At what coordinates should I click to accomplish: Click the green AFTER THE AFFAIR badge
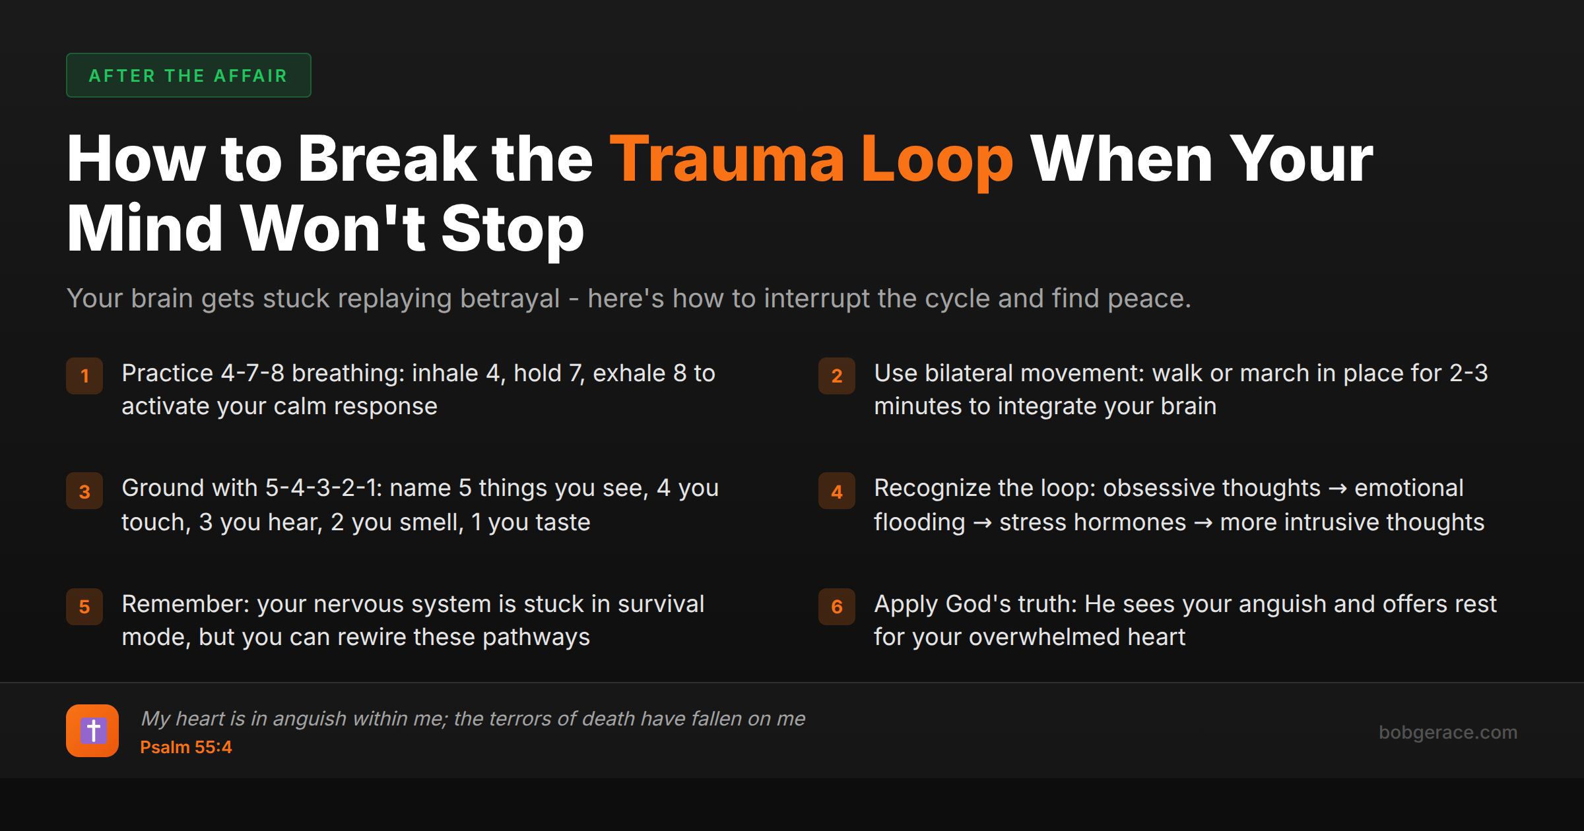click(188, 75)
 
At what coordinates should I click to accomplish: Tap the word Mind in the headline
click(145, 229)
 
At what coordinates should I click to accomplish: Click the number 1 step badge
click(84, 376)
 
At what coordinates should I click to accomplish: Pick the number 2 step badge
click(837, 376)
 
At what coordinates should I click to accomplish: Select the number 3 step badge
click(84, 491)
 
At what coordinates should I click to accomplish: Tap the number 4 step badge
click(837, 491)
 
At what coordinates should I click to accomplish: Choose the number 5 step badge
click(84, 607)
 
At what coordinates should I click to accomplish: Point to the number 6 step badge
click(837, 607)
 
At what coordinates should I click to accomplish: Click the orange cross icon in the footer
click(92, 731)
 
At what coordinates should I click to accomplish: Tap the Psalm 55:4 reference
click(185, 747)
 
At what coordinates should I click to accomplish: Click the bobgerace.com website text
click(1447, 732)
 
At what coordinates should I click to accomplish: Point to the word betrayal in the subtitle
click(510, 299)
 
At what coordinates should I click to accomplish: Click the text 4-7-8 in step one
click(252, 373)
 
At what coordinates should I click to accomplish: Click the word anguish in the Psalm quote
click(310, 718)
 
